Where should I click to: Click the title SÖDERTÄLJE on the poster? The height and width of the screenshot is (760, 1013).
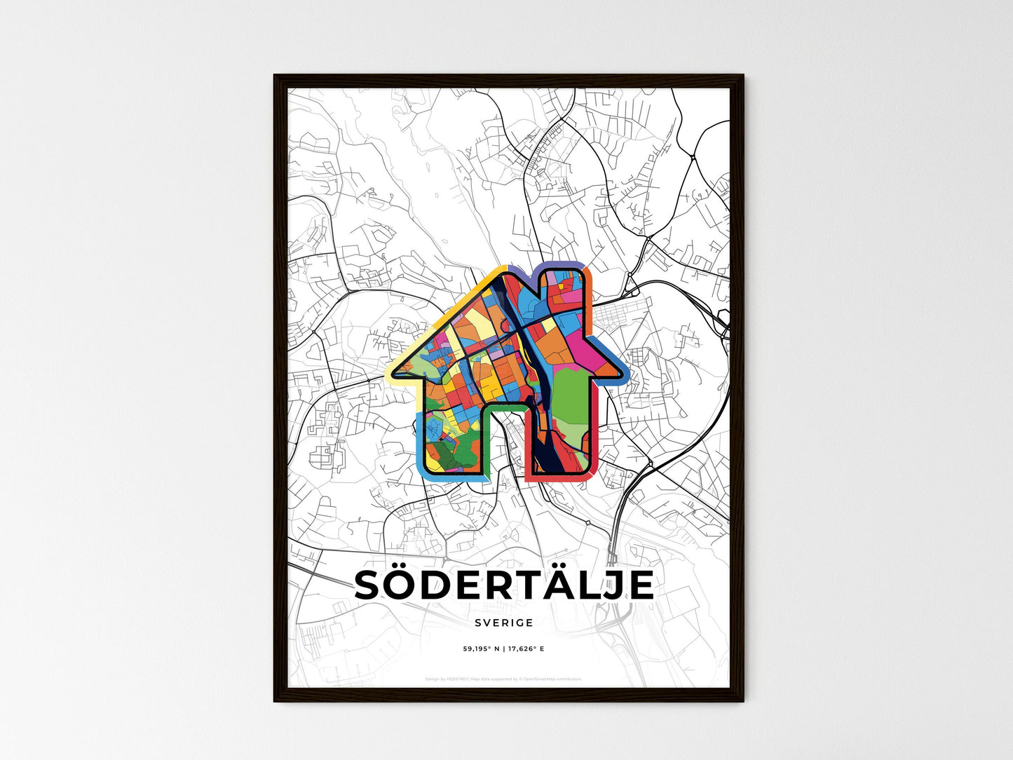click(x=504, y=585)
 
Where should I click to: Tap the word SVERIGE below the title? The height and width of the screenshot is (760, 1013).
click(x=503, y=623)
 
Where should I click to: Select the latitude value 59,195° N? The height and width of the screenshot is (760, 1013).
click(x=480, y=649)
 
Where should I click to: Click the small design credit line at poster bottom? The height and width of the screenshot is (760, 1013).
click(x=503, y=679)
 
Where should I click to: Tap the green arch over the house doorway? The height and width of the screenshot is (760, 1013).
click(x=504, y=407)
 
